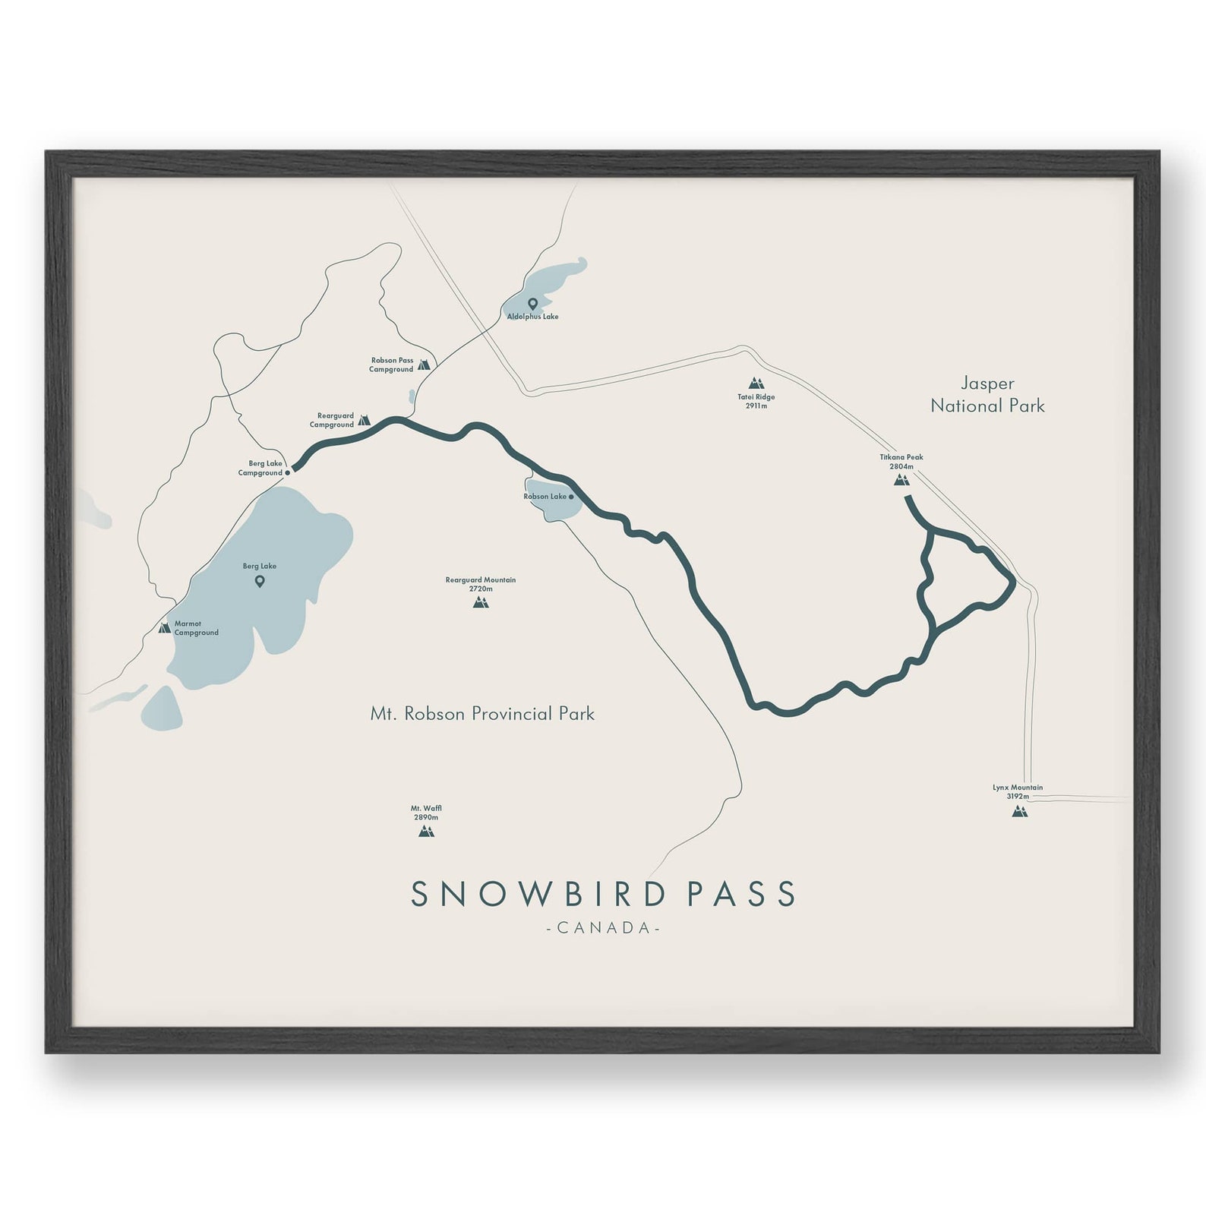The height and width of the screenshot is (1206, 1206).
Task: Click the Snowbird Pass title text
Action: (x=603, y=894)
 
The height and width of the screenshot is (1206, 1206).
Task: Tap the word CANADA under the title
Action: (x=603, y=928)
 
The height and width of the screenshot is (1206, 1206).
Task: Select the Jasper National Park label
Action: (x=987, y=395)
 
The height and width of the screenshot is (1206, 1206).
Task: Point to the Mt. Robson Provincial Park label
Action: (x=482, y=714)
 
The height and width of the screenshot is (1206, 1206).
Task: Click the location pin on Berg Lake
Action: (x=260, y=582)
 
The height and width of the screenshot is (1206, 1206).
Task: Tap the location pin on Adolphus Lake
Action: (x=532, y=304)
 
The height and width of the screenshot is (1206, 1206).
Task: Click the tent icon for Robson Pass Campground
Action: (x=424, y=365)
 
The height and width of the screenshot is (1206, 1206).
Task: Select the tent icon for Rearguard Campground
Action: (x=364, y=420)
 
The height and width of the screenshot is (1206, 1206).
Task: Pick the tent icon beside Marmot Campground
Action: (x=164, y=628)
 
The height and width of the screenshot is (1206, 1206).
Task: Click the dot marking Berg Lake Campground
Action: (x=287, y=472)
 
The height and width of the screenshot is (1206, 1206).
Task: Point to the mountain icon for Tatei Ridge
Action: (x=755, y=384)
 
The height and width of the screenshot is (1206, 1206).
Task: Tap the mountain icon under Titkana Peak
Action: (x=901, y=480)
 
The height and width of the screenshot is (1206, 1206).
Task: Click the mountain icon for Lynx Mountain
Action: (x=1019, y=811)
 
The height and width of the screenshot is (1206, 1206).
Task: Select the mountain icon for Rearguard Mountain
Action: (x=480, y=603)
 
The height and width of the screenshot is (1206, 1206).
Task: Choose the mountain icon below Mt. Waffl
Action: (x=426, y=831)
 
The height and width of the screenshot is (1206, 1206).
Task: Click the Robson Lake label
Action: (x=545, y=497)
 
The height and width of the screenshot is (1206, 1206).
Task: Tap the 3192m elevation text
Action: (x=1018, y=797)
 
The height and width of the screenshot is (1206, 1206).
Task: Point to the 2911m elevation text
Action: (x=756, y=406)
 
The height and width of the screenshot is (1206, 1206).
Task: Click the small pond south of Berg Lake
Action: (x=162, y=709)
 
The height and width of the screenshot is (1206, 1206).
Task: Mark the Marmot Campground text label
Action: (x=197, y=628)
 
